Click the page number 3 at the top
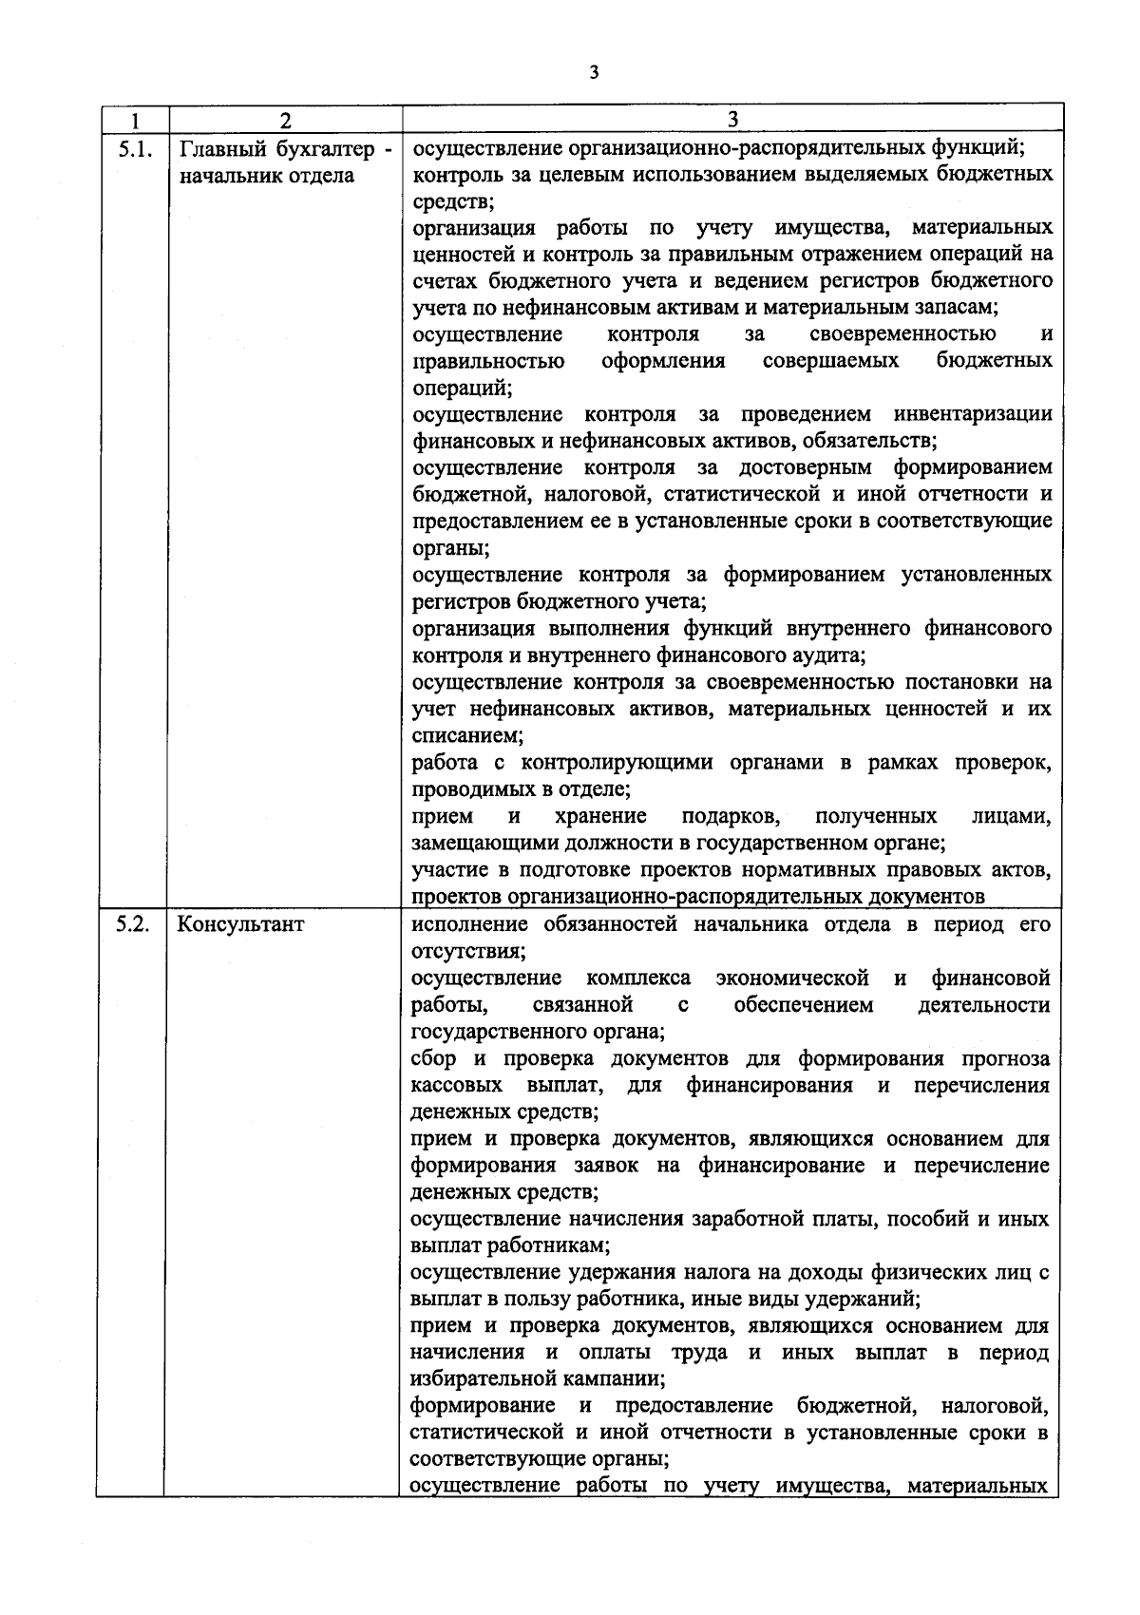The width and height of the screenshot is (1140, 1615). tap(594, 72)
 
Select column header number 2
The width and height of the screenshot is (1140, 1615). tap(285, 121)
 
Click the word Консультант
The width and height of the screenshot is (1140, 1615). tap(241, 924)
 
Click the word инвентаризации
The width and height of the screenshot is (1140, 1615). tap(974, 415)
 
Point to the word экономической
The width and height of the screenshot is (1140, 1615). tap(793, 978)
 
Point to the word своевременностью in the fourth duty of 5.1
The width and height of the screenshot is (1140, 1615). tap(903, 334)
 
